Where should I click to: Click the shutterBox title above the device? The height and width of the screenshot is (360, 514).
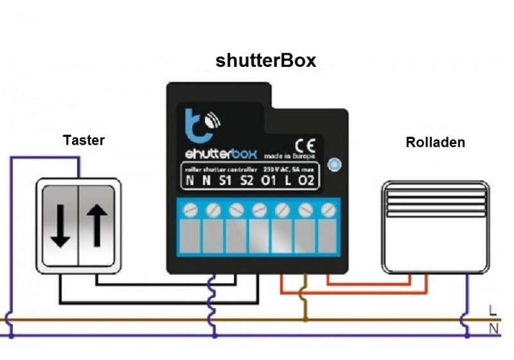(266, 60)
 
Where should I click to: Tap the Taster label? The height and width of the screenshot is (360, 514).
(84, 139)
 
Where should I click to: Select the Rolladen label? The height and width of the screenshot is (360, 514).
(435, 142)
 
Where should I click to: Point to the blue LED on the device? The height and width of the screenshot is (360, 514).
(333, 165)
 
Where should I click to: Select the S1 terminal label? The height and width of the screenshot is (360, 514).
(225, 181)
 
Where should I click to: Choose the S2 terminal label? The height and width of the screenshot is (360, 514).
(247, 181)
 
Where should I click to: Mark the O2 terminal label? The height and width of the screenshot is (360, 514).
(307, 181)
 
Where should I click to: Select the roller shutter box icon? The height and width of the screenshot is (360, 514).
(435, 226)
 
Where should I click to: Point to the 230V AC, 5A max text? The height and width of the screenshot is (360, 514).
(287, 170)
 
